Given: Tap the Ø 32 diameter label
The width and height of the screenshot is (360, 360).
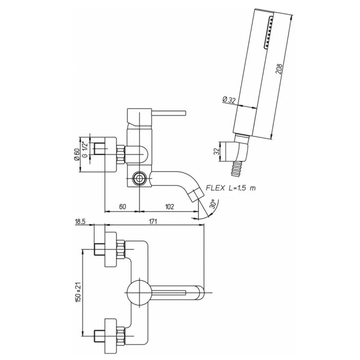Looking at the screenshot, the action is [229, 100].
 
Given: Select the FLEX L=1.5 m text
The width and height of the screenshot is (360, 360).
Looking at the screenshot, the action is [231, 188].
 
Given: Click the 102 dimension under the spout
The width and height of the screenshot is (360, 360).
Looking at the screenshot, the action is [169, 207].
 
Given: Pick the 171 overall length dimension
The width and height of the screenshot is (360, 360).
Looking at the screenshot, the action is [153, 222].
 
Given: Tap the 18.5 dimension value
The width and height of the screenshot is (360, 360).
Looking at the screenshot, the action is [80, 222].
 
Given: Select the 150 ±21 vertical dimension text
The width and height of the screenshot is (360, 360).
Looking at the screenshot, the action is [79, 291].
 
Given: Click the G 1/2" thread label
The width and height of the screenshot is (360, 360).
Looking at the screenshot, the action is [85, 150].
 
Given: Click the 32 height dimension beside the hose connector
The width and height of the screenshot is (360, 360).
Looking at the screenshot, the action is [217, 151].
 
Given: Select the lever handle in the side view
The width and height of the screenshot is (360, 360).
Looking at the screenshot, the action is [169, 113].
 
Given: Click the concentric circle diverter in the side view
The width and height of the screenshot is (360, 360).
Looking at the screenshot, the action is [139, 178].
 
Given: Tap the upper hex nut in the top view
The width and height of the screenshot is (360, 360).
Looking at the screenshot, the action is [121, 249].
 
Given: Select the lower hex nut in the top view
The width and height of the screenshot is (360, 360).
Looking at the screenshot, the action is [121, 336].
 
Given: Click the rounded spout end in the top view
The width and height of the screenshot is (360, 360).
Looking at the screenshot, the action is [200, 293].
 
